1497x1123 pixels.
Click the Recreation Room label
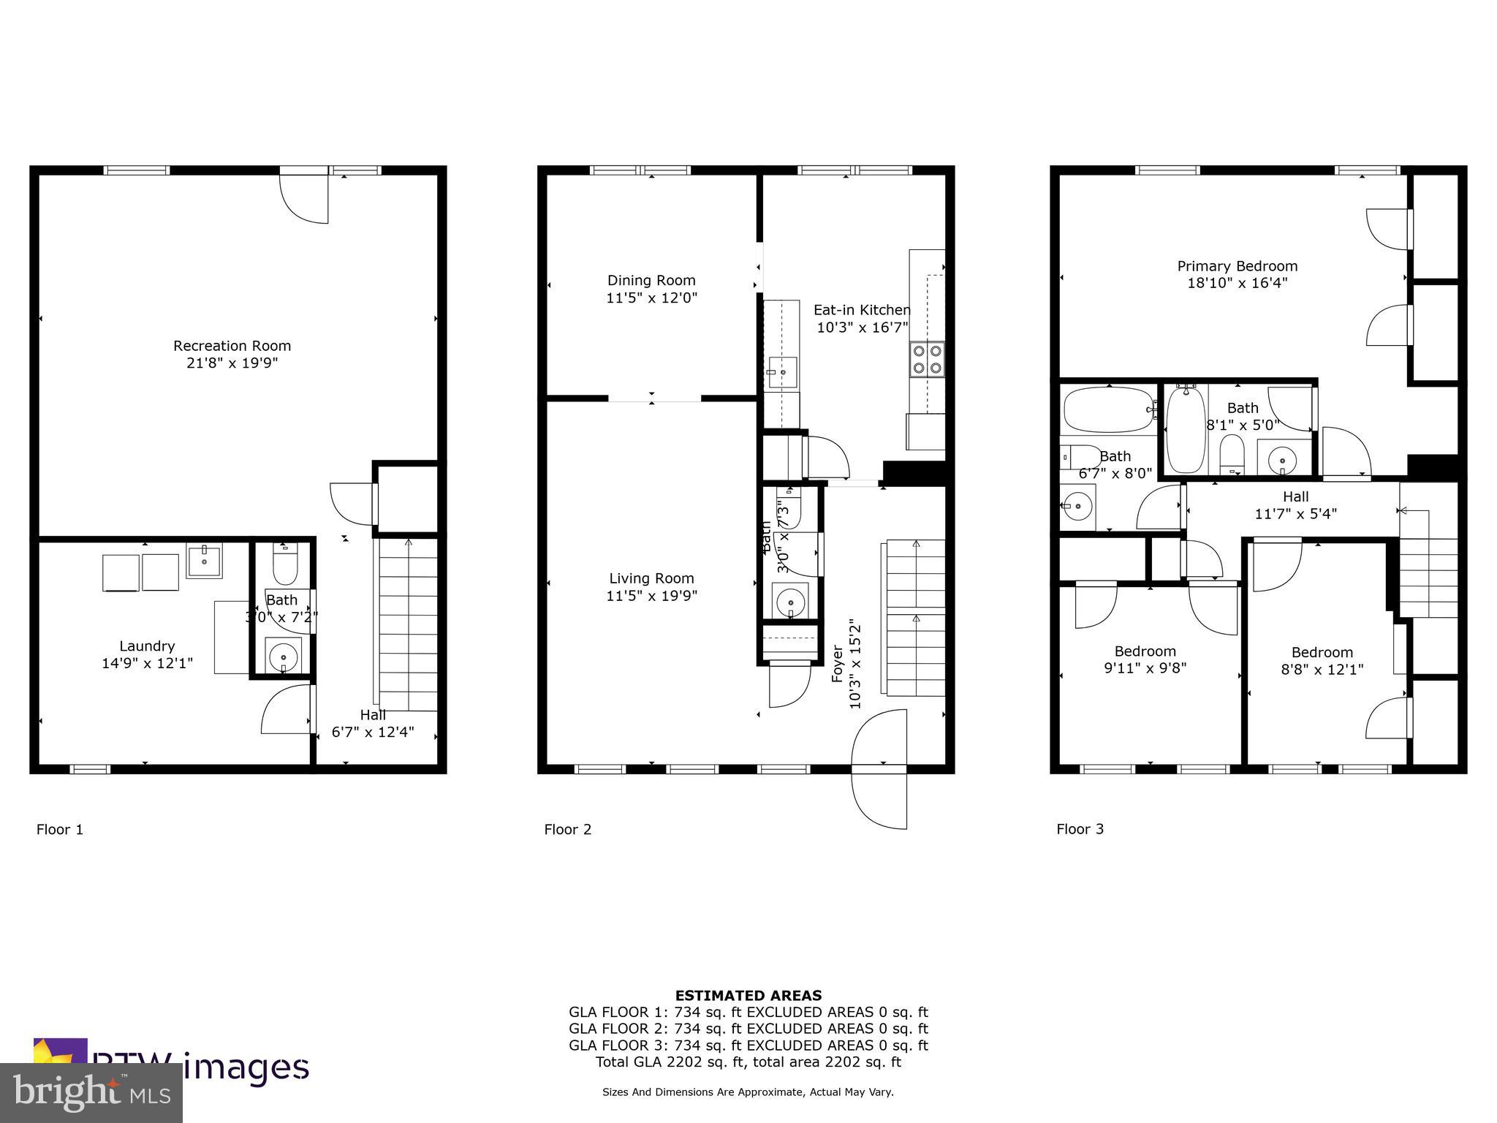(x=232, y=346)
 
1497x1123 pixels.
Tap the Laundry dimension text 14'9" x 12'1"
(x=147, y=664)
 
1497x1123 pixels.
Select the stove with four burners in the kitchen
(x=926, y=359)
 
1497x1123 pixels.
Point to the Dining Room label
(x=651, y=280)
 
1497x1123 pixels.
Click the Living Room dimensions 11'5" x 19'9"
(x=651, y=596)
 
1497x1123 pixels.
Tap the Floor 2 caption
(x=567, y=829)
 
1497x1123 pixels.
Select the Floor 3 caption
(x=1080, y=829)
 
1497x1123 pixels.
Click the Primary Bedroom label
(x=1237, y=266)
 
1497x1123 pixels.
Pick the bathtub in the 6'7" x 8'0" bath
(x=1106, y=410)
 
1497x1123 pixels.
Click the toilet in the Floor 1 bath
(x=284, y=563)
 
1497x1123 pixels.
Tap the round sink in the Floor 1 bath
(x=283, y=657)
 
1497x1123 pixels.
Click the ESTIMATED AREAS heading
(x=748, y=995)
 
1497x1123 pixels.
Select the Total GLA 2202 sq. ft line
(x=748, y=1062)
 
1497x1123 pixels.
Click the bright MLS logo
(x=91, y=1092)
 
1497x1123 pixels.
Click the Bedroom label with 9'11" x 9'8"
(x=1145, y=651)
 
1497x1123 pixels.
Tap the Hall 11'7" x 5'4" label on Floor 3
(x=1295, y=505)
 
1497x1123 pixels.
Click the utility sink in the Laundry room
(x=204, y=561)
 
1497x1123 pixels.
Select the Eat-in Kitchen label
(x=862, y=310)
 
